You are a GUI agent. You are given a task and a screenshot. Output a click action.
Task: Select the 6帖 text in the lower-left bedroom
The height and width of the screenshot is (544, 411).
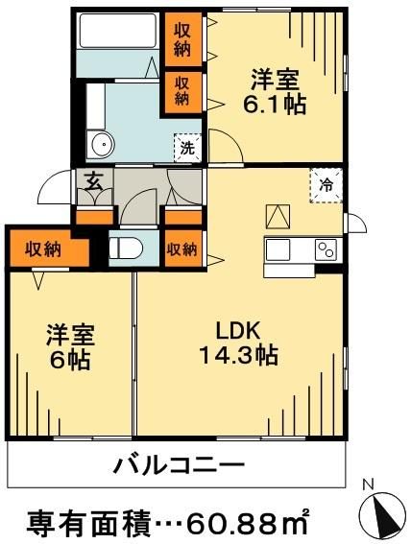[69, 363]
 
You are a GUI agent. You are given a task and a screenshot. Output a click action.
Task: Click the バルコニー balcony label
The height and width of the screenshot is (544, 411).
[179, 467]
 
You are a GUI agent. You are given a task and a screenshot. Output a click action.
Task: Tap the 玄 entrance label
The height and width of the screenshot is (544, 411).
[94, 181]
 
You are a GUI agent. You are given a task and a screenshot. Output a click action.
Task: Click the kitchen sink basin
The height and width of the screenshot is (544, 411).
[279, 248]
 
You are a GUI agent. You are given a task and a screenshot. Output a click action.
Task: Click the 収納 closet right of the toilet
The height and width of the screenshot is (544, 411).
[182, 248]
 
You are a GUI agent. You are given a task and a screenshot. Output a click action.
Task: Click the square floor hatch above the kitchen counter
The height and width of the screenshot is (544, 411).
[278, 217]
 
